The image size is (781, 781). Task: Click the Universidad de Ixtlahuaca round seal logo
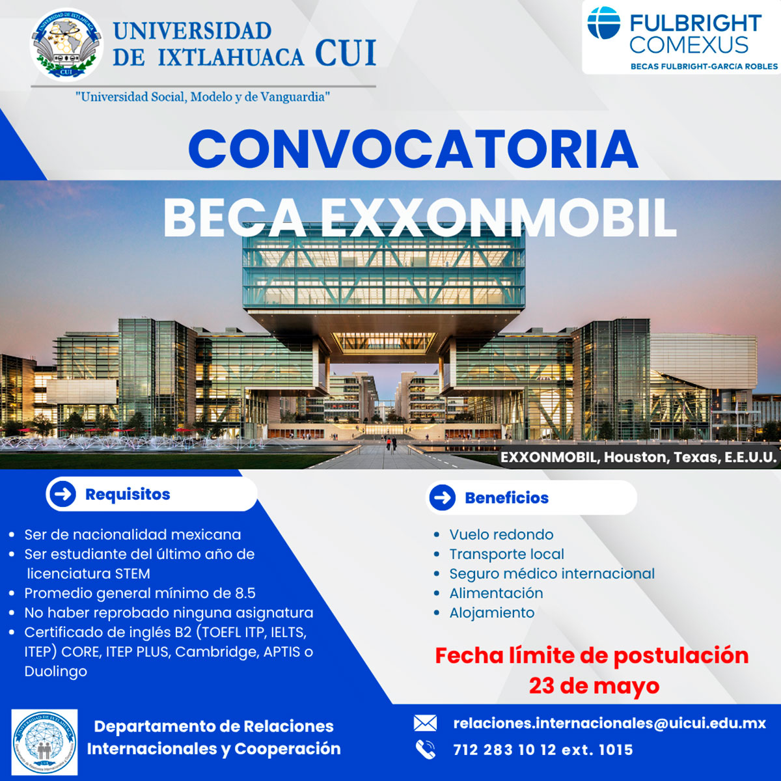(66, 45)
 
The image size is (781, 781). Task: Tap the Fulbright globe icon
(604, 23)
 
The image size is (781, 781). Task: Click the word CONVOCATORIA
(413, 149)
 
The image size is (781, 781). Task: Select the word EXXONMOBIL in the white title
(499, 217)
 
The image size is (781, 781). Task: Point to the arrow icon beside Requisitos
(63, 494)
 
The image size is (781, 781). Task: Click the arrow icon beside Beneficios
(443, 497)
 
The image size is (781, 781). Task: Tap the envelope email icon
(425, 723)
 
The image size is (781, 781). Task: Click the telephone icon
(426, 749)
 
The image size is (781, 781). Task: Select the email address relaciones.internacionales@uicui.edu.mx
(610, 724)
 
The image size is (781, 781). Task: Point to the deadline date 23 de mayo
(594, 686)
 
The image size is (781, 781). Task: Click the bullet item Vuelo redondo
(501, 534)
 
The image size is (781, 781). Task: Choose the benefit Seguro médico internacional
(552, 573)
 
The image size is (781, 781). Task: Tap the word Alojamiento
(492, 612)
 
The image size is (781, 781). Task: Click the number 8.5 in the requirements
(245, 593)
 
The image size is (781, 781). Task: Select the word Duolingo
(56, 672)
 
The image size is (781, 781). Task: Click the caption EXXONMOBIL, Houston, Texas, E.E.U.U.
(638, 457)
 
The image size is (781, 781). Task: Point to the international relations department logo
(45, 741)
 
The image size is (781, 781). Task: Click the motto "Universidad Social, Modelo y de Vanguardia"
(202, 97)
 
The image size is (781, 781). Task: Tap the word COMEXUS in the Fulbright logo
(689, 45)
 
